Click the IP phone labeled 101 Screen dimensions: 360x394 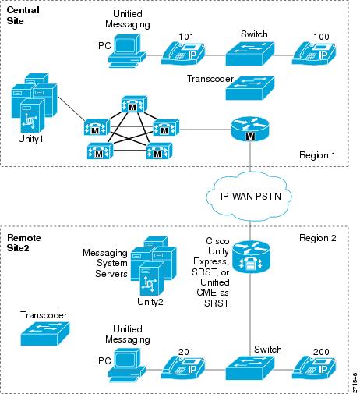[x=183, y=53]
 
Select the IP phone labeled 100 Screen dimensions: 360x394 [x=314, y=53]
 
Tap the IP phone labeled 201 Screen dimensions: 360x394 [x=183, y=367]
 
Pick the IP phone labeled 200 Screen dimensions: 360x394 [x=314, y=367]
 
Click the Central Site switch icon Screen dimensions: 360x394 [x=250, y=54]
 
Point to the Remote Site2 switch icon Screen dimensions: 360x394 [x=250, y=368]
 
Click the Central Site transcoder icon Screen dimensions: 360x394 [x=250, y=88]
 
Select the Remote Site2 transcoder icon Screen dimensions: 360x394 [x=45, y=334]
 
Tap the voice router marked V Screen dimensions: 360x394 [x=250, y=129]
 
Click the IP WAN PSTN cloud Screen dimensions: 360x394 [x=249, y=197]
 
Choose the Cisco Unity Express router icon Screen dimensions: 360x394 [x=251, y=257]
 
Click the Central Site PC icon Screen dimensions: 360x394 [x=127, y=51]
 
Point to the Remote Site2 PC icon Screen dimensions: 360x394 [x=127, y=365]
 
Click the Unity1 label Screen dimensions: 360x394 [x=30, y=139]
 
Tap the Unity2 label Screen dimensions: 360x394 [x=150, y=302]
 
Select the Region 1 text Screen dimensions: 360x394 [x=317, y=155]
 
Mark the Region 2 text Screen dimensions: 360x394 [x=318, y=238]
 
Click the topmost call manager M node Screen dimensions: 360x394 [x=134, y=105]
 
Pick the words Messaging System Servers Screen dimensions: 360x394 [x=105, y=263]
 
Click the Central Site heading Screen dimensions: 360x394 [x=23, y=16]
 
